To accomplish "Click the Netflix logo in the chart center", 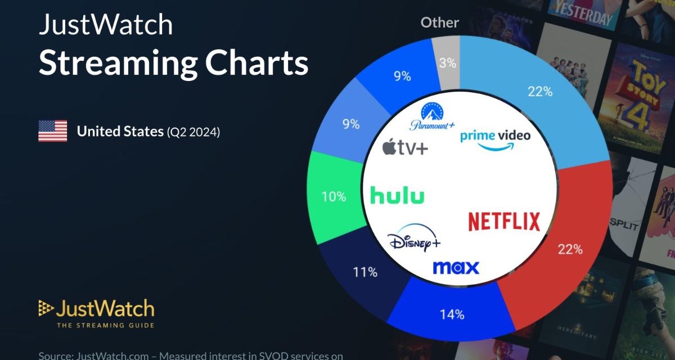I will pyautogui.click(x=504, y=222).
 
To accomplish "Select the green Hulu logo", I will pyautogui.click(x=397, y=196).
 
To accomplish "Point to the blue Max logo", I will pyautogui.click(x=456, y=267).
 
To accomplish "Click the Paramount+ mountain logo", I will pyautogui.click(x=432, y=116).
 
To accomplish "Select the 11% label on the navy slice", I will pyautogui.click(x=365, y=273).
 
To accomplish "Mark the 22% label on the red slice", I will pyautogui.click(x=570, y=249).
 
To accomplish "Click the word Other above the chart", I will pyautogui.click(x=440, y=22).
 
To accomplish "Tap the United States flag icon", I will pyautogui.click(x=52, y=132).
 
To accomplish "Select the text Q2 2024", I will pyautogui.click(x=193, y=133).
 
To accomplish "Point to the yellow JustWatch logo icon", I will pyautogui.click(x=46, y=308).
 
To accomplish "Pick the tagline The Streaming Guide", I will pyautogui.click(x=105, y=325).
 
